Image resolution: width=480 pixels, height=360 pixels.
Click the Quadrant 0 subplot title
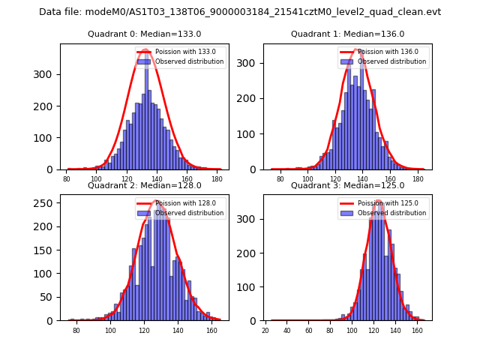tap(144, 34)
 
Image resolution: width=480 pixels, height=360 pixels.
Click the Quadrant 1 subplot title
tap(347, 34)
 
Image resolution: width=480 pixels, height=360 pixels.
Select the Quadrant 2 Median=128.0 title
tap(144, 185)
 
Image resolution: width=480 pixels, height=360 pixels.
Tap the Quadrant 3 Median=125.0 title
tap(347, 185)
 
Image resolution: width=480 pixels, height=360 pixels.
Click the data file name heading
tap(240, 12)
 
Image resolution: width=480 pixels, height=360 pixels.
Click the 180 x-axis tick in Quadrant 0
tap(217, 179)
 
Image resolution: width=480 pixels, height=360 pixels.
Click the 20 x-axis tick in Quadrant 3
tap(265, 330)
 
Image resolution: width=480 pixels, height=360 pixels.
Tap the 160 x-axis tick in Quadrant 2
tap(211, 330)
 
